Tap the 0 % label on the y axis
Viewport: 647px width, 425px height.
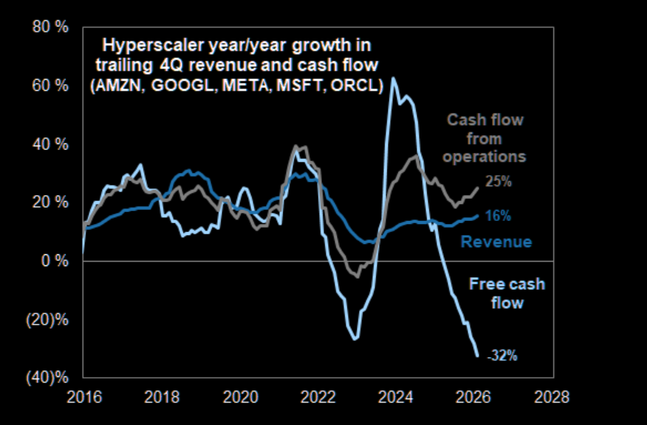[x=56, y=261]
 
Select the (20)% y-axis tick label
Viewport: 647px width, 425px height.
[x=49, y=320]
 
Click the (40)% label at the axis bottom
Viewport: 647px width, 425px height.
[x=49, y=378]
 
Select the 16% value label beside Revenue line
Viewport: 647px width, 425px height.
[x=498, y=216]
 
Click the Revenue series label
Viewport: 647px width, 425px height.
[x=496, y=242]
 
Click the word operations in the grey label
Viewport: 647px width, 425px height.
[x=489, y=156]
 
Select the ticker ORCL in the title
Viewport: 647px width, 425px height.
[x=356, y=85]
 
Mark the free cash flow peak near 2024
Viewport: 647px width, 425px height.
[x=393, y=78]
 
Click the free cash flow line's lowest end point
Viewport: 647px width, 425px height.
[x=477, y=356]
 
